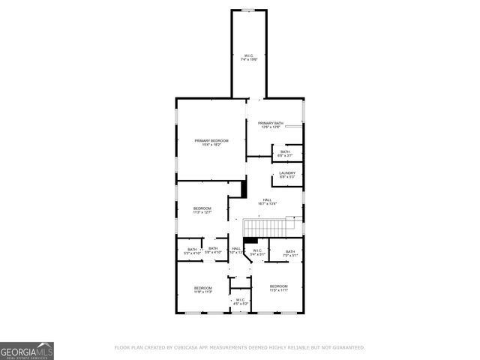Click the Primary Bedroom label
tap(211, 140)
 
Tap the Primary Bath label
tap(271, 123)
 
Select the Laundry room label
tap(287, 173)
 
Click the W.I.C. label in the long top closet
tap(249, 55)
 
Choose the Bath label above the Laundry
tap(285, 151)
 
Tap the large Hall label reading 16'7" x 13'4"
tap(267, 199)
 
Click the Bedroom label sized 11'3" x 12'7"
tap(202, 208)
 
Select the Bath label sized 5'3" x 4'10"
tap(192, 249)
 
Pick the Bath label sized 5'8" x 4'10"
tap(213, 249)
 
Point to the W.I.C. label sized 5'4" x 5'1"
tap(256, 250)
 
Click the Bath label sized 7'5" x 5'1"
tap(290, 251)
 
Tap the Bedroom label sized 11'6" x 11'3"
tap(203, 288)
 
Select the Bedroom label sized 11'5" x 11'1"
tap(278, 286)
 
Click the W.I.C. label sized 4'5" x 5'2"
tap(240, 300)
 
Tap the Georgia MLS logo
tap(27, 350)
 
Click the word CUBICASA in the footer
tap(190, 348)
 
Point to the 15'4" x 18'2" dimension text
tap(211, 144)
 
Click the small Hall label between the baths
tap(235, 249)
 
